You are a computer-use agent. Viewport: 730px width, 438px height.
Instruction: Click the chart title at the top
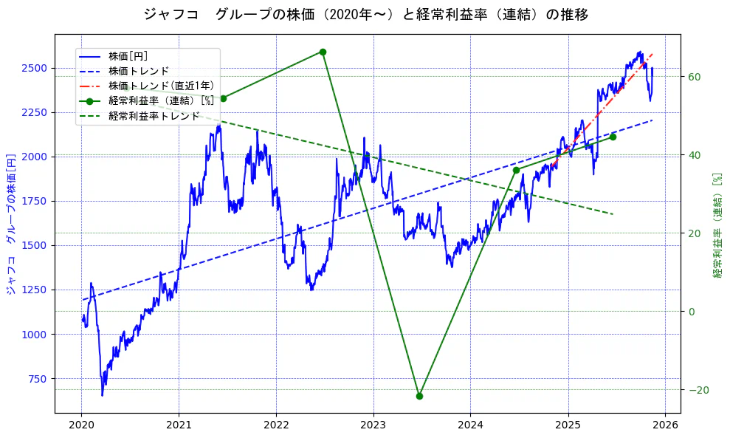pyautogui.click(x=365, y=14)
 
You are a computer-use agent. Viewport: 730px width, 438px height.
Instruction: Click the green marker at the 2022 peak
pyautogui.click(x=323, y=52)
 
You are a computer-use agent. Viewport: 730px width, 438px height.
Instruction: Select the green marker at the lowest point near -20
pyautogui.click(x=419, y=396)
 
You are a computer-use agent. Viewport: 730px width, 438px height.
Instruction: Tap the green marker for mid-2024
pyautogui.click(x=516, y=170)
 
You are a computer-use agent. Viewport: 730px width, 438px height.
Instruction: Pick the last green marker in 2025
pyautogui.click(x=613, y=137)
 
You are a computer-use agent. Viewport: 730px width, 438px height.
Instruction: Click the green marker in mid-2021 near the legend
pyautogui.click(x=224, y=98)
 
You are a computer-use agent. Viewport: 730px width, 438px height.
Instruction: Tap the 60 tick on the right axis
pyautogui.click(x=693, y=77)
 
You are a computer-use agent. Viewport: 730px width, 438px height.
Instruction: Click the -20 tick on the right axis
pyautogui.click(x=696, y=390)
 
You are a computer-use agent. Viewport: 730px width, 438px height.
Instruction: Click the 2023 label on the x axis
pyautogui.click(x=373, y=425)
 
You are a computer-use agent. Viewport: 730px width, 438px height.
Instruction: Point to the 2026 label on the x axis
pyautogui.click(x=665, y=425)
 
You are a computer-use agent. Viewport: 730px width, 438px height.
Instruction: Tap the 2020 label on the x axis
pyautogui.click(x=81, y=425)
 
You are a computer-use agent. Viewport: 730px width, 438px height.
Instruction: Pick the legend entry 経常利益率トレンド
pyautogui.click(x=154, y=116)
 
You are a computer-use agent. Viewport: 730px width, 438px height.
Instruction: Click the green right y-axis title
pyautogui.click(x=717, y=225)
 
